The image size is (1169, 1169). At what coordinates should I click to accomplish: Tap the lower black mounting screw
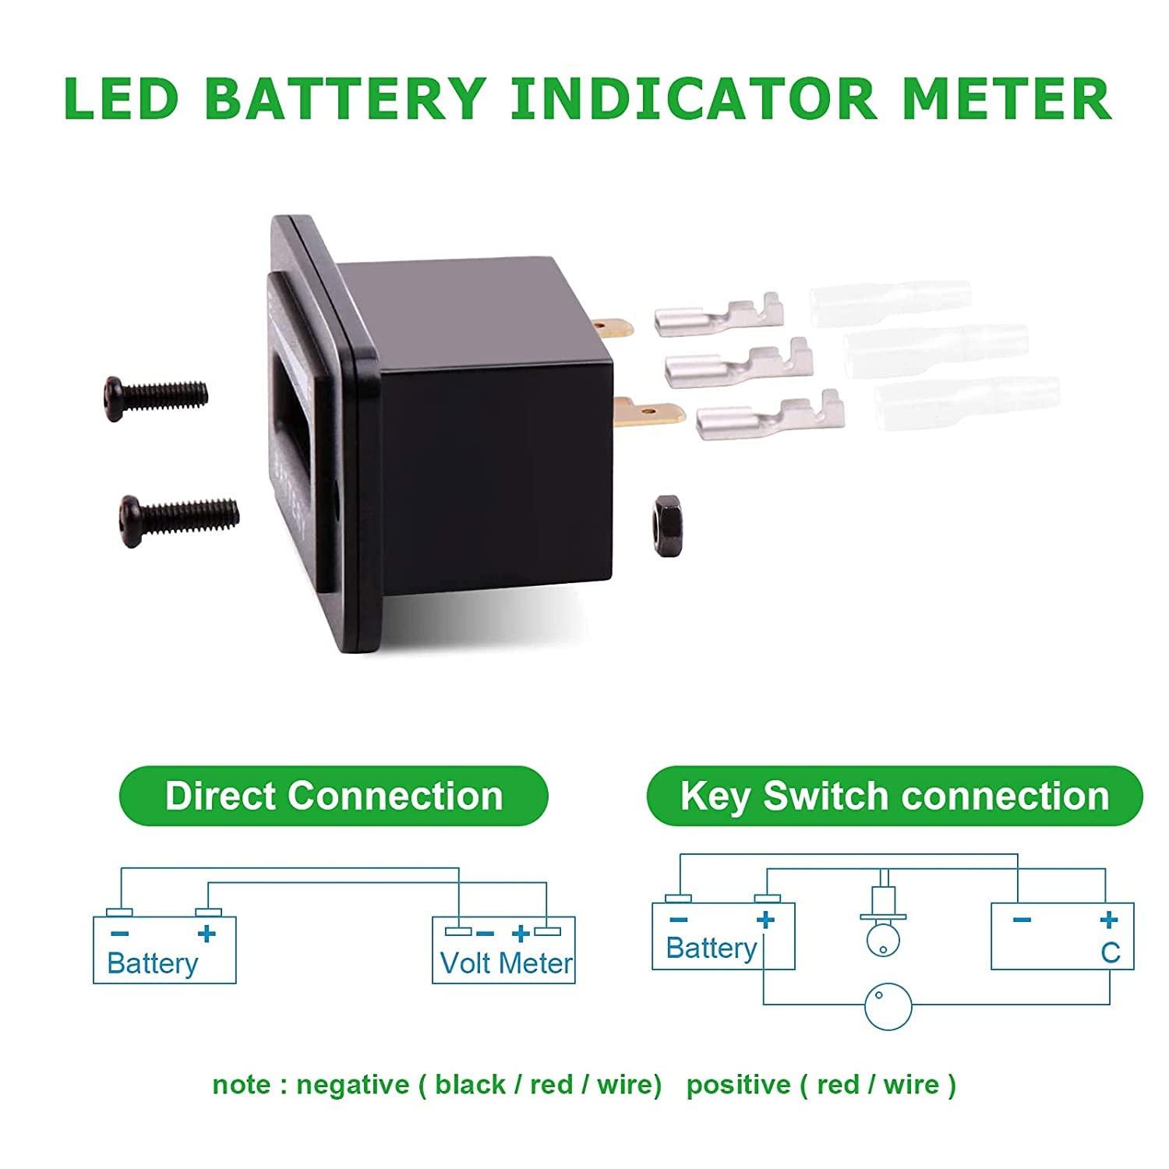[178, 512]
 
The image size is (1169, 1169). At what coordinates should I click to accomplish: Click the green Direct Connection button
[334, 796]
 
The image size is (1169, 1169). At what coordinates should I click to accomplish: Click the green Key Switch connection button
[894, 796]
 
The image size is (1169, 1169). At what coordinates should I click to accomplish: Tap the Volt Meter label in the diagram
[507, 963]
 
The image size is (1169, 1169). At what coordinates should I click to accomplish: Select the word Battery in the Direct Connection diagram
[153, 963]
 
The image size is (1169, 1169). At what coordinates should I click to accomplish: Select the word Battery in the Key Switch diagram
[711, 948]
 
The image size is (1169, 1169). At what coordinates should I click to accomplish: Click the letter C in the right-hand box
[1111, 952]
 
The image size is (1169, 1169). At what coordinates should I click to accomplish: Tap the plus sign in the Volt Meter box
[521, 933]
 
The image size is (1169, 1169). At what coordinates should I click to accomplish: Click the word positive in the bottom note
[737, 1084]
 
